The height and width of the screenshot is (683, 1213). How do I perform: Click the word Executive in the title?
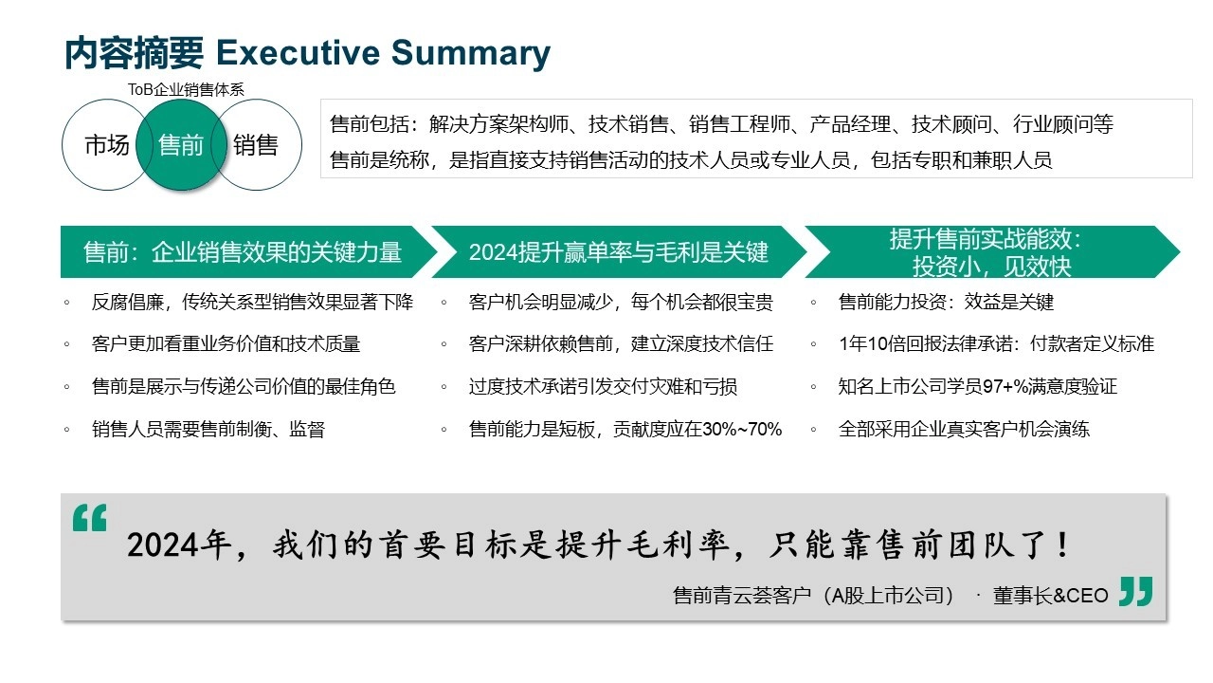point(298,52)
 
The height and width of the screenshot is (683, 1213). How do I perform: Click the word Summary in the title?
point(471,54)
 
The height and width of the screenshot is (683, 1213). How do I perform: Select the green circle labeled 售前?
point(181,145)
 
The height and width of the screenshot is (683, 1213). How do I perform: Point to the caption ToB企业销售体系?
point(186,89)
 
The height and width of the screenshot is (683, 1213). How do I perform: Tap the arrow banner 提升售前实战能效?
point(992,252)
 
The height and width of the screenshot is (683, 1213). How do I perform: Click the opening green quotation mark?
point(90,518)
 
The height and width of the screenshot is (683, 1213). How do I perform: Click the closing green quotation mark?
point(1136,591)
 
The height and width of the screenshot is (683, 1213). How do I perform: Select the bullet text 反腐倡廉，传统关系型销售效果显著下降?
point(252,302)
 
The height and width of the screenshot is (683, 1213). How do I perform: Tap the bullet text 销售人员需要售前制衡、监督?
point(208,430)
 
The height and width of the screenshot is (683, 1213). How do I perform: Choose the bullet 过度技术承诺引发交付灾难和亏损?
point(603,386)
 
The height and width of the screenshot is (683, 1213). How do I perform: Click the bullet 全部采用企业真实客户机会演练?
point(964,430)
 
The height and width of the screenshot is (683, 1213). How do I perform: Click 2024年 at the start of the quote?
point(179,545)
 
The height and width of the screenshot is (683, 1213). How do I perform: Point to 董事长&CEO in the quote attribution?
point(1051,596)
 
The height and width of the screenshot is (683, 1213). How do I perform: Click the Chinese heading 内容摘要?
point(134,53)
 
